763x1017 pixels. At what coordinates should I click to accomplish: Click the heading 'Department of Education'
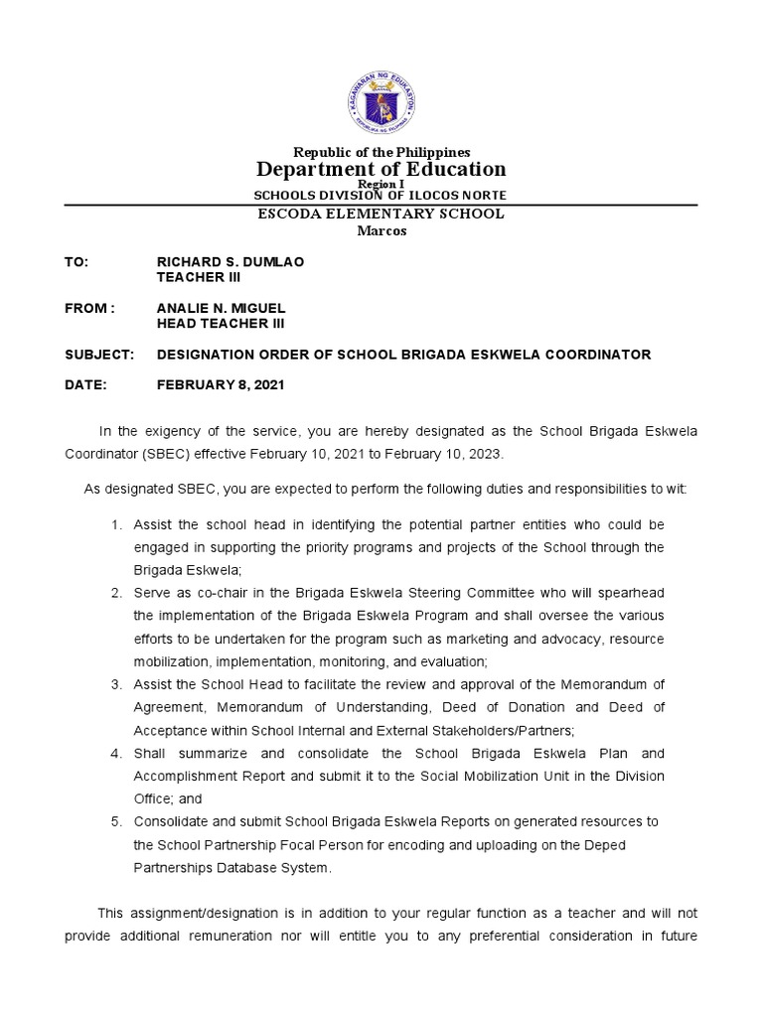click(381, 169)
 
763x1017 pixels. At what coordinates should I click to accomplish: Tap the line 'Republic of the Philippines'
click(381, 152)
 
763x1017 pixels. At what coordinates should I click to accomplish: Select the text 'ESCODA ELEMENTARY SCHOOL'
click(381, 214)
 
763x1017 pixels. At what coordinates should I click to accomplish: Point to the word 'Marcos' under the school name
click(381, 231)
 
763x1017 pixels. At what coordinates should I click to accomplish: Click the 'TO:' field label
click(76, 261)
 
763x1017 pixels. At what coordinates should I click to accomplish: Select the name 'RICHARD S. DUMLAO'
click(230, 261)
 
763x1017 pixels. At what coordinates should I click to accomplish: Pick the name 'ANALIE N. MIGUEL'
click(222, 308)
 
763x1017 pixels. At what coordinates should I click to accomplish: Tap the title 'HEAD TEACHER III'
click(221, 324)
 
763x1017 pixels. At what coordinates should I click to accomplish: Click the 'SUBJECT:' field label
click(98, 355)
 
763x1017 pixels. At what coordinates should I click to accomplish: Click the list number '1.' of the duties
click(116, 524)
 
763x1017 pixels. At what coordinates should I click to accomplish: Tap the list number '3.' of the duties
click(116, 684)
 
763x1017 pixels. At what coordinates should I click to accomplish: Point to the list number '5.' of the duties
click(116, 821)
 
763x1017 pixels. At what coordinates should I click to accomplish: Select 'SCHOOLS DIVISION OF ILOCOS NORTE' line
click(381, 195)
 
